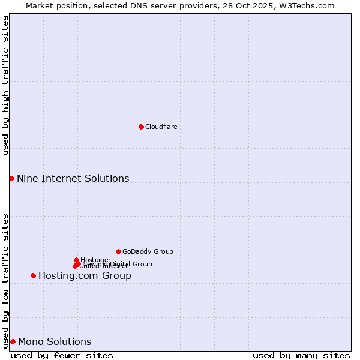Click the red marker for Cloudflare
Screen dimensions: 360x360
[x=141, y=127]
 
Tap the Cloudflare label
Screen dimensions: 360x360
[x=161, y=127]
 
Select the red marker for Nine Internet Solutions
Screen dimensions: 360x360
[x=11, y=178]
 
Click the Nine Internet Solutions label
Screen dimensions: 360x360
[x=73, y=178]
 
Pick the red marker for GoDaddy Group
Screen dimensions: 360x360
[x=118, y=251]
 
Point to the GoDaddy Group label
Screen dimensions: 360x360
[x=148, y=251]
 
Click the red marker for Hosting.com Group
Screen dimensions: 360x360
[x=33, y=275]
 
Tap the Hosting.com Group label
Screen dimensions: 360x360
[x=85, y=276]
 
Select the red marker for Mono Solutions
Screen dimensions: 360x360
[x=13, y=341]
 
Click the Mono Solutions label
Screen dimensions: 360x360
[x=55, y=342]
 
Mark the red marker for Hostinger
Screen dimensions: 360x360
[x=76, y=260]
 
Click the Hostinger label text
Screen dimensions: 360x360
[x=95, y=260]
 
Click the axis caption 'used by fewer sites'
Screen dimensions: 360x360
[x=62, y=355]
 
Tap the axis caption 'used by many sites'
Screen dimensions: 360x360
[x=301, y=355]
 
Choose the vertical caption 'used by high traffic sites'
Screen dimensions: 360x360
[x=5, y=85]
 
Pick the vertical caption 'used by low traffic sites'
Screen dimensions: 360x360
[x=5, y=280]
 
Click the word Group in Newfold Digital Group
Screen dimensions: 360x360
[x=142, y=264]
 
